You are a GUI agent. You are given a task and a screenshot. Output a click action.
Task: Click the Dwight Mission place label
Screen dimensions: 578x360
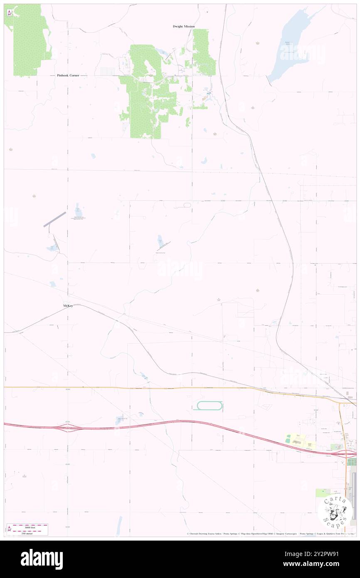183,27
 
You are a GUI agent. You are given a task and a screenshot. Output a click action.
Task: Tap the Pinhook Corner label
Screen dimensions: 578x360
68,76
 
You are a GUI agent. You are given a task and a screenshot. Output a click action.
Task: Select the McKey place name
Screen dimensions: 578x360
68,306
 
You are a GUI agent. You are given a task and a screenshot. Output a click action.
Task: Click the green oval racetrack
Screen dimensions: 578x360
208,405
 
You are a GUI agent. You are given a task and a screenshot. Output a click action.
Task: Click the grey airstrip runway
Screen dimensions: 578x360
55,219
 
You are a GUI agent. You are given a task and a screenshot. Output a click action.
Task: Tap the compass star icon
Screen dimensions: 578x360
9,12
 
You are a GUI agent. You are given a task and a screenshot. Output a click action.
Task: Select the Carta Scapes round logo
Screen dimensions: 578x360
335,512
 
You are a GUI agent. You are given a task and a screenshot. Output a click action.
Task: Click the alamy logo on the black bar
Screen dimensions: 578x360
42,559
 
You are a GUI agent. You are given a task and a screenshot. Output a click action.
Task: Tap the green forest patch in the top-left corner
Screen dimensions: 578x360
27,40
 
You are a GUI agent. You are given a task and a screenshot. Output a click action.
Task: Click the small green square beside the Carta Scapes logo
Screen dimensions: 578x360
321,493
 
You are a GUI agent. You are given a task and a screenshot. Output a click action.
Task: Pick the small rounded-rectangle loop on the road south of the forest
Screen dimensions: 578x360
186,205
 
